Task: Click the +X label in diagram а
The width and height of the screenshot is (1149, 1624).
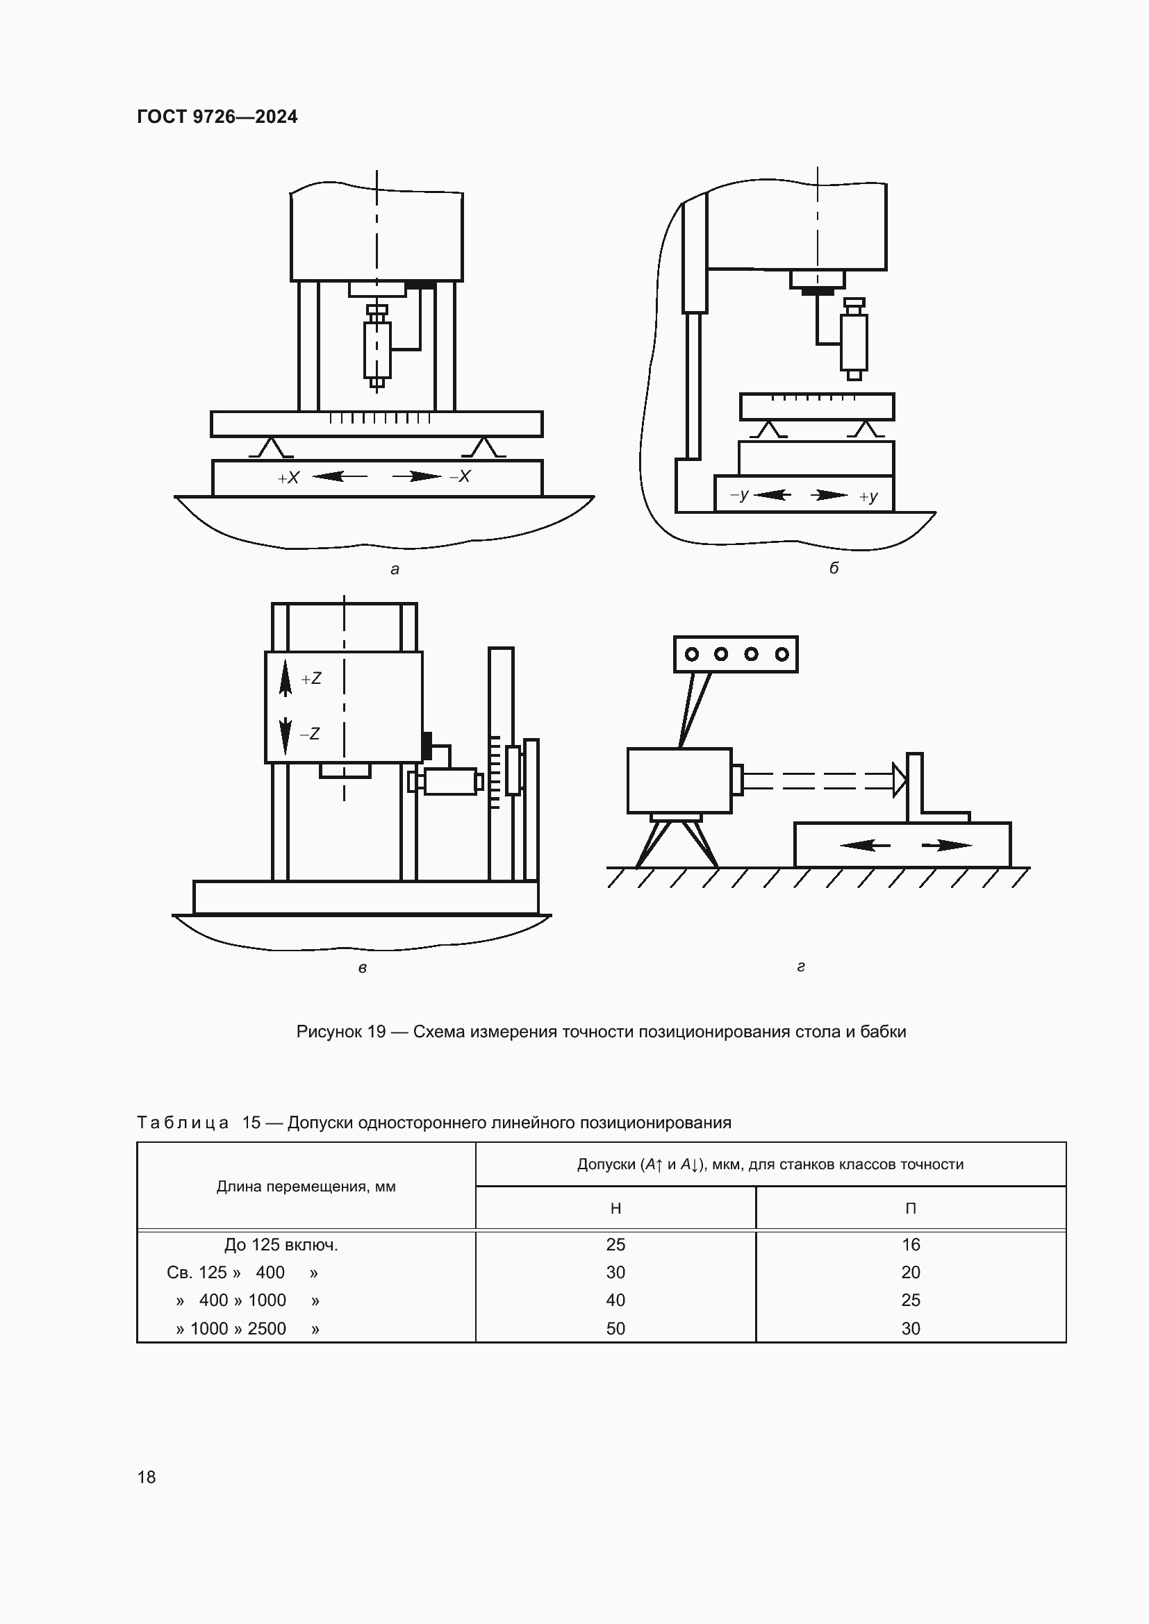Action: pos(289,478)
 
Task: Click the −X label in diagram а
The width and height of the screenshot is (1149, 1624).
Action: pos(460,477)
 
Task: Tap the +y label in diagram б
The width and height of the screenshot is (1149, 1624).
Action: pos(868,496)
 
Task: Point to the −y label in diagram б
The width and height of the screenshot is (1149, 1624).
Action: pos(739,494)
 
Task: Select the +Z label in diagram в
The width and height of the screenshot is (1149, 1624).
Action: pos(311,679)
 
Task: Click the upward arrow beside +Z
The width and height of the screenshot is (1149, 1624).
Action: pos(286,678)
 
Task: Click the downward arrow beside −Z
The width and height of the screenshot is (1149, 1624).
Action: pos(286,735)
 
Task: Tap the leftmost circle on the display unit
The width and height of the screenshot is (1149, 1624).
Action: pos(692,654)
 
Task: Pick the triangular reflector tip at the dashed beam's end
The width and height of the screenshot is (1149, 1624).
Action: pos(899,780)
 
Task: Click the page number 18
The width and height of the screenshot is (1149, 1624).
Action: pos(147,1477)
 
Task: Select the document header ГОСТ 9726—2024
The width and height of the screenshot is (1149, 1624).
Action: pos(217,117)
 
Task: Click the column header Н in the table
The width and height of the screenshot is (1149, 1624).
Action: pos(615,1209)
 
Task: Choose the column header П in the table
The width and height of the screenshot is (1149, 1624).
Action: pos(911,1209)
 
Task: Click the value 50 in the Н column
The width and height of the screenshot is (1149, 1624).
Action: pos(615,1328)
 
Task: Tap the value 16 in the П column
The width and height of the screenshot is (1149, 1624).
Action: pos(911,1245)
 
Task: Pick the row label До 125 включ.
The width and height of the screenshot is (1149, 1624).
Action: pos(281,1245)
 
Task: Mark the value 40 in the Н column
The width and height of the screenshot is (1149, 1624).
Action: pos(615,1300)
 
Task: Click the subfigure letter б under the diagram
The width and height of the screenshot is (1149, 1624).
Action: pos(834,568)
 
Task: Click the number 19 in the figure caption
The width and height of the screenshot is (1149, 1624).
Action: pos(377,1032)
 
